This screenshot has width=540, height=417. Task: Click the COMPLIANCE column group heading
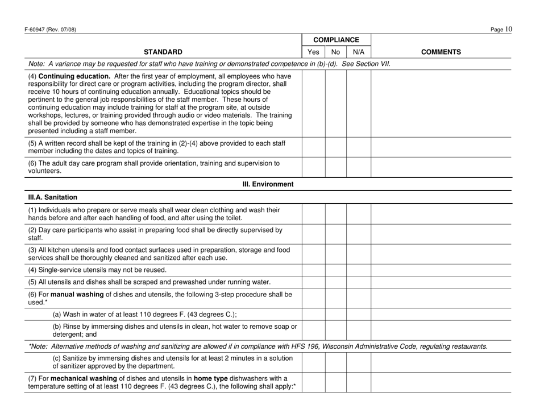(x=335, y=40)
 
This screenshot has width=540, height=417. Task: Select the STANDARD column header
(x=159, y=52)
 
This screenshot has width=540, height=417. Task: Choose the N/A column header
(x=358, y=52)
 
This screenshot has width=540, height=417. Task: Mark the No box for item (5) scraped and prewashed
(x=335, y=281)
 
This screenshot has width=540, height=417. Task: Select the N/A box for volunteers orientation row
(x=358, y=167)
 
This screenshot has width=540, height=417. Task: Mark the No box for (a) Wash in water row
(x=335, y=313)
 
